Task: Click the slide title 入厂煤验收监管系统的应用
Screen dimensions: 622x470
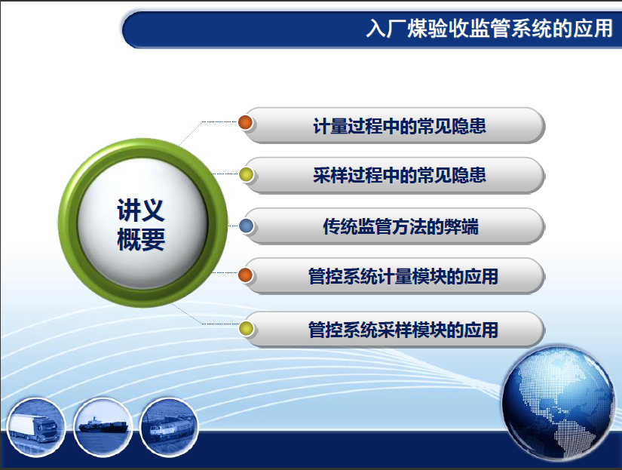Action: click(x=489, y=29)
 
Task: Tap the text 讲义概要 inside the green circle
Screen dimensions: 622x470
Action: click(x=141, y=225)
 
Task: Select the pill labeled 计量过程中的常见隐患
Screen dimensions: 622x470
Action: click(x=394, y=125)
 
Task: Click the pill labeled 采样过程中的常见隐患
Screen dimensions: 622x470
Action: click(x=394, y=175)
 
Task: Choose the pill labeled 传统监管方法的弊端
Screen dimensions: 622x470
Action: click(x=394, y=226)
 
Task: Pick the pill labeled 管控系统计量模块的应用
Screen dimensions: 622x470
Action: click(x=394, y=276)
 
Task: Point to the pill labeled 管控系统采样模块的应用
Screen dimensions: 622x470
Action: click(x=394, y=330)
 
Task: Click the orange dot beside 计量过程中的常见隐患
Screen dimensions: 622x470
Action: click(x=246, y=122)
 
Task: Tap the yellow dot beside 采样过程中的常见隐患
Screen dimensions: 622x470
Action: click(x=246, y=174)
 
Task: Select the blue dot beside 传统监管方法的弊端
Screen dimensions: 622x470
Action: click(x=247, y=226)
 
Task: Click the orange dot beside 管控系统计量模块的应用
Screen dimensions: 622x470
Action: click(x=246, y=275)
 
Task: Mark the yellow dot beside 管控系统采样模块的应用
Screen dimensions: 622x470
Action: click(x=246, y=328)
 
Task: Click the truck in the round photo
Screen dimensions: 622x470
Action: click(x=34, y=428)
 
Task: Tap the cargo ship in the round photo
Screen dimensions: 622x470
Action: click(x=103, y=425)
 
